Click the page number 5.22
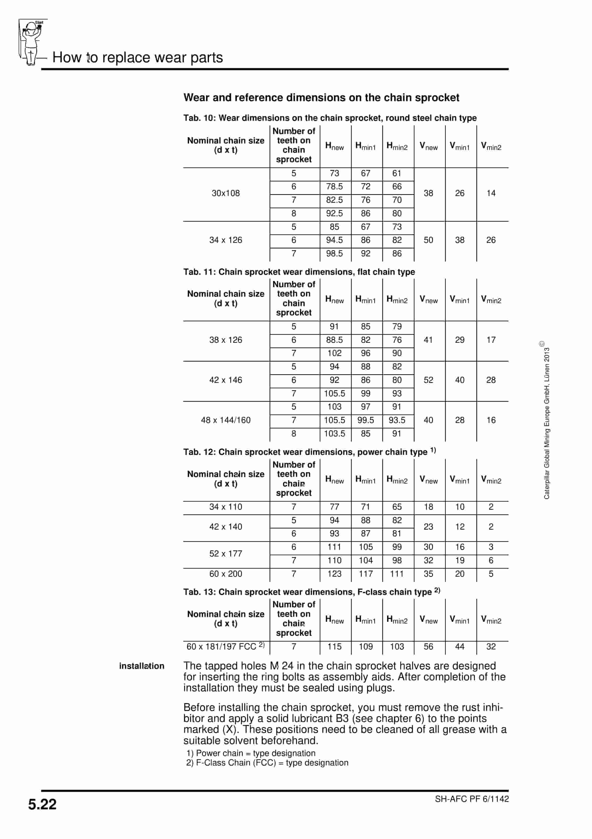click(42, 804)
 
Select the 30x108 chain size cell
click(226, 193)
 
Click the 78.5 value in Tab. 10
click(334, 187)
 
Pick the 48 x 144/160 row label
click(226, 420)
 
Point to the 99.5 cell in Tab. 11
click(366, 420)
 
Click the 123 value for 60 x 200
click(334, 574)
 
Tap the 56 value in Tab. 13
click(429, 646)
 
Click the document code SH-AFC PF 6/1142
click(472, 799)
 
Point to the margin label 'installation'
click(142, 666)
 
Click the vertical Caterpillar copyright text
click(546, 420)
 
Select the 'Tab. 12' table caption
click(309, 452)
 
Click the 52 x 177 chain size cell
click(226, 554)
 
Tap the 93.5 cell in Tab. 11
click(397, 420)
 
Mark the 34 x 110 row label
click(226, 507)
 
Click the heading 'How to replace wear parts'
click(138, 58)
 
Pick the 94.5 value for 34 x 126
click(334, 240)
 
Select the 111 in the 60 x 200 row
click(397, 574)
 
